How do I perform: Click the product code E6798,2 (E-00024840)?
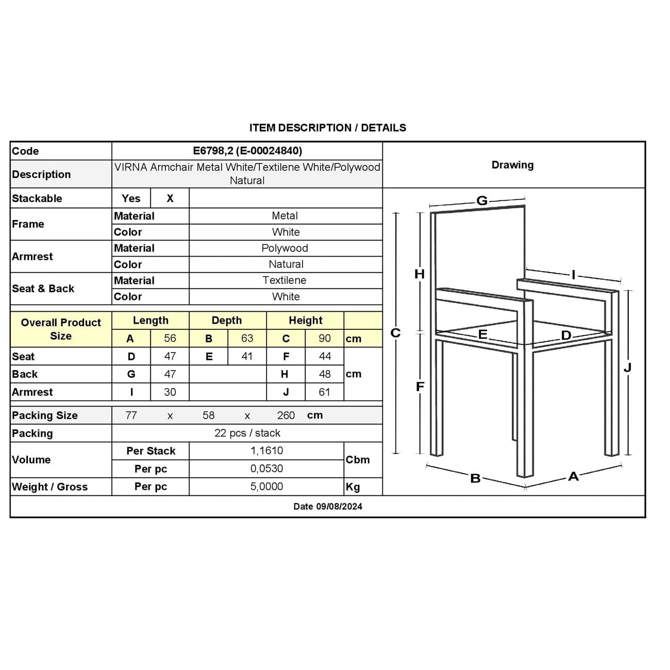(x=247, y=150)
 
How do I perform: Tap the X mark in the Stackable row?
(x=170, y=198)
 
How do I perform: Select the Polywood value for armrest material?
(x=285, y=248)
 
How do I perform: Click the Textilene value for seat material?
(x=284, y=280)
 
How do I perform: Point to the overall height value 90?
(x=325, y=338)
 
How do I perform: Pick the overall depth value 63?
(x=247, y=338)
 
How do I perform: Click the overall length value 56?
(x=170, y=338)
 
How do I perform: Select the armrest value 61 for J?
(x=324, y=392)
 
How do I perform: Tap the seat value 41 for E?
(x=247, y=356)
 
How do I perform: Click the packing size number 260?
(x=286, y=415)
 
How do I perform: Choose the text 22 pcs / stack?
(x=247, y=433)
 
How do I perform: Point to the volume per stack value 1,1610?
(x=266, y=450)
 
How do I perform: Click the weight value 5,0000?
(x=266, y=487)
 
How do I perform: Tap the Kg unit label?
(x=353, y=487)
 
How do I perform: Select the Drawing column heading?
(x=512, y=165)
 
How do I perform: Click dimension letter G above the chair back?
(x=482, y=200)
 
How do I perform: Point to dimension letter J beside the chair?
(x=627, y=367)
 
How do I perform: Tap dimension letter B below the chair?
(x=475, y=478)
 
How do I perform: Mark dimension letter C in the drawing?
(x=395, y=333)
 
